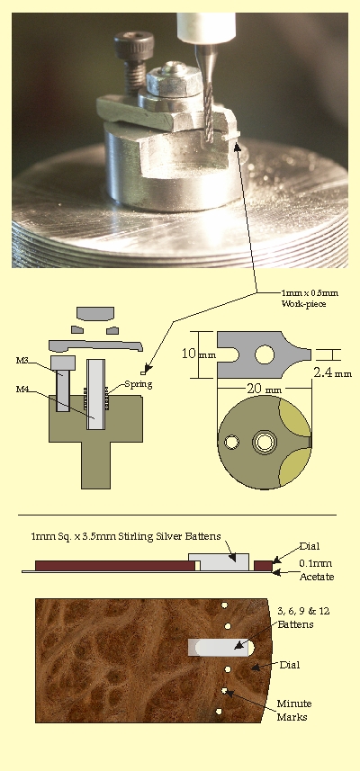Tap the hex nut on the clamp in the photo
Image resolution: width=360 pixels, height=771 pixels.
tap(174, 81)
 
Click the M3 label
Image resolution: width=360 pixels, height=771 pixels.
tap(22, 361)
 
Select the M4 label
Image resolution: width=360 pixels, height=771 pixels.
tap(22, 390)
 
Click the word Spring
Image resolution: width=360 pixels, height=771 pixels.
tap(139, 384)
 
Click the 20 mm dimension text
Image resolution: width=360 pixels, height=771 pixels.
tap(264, 389)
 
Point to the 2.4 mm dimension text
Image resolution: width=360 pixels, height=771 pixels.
tap(332, 372)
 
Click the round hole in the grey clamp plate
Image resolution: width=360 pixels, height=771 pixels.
tap(265, 354)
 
